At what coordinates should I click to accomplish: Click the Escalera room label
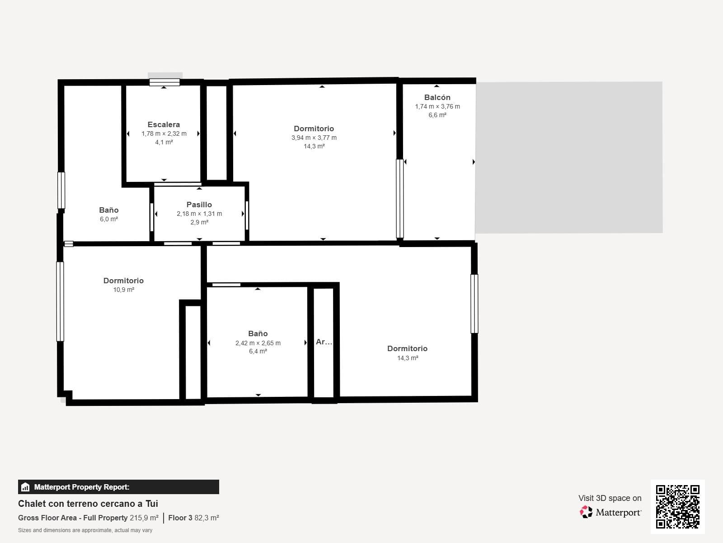click(164, 124)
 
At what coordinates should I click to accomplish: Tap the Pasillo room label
click(199, 205)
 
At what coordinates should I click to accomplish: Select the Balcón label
click(437, 97)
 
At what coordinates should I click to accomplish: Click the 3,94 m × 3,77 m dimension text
click(314, 138)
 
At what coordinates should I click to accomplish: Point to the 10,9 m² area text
click(123, 290)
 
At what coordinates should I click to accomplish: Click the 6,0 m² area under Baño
click(109, 219)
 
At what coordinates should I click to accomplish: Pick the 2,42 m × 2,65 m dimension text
click(258, 343)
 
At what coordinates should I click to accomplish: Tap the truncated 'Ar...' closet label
click(324, 342)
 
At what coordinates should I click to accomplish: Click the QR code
click(677, 507)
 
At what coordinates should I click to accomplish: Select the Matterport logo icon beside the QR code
click(586, 512)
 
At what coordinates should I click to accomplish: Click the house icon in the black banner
click(25, 487)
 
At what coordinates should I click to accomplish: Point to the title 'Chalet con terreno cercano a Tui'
click(88, 504)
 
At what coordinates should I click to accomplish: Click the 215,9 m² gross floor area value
click(144, 518)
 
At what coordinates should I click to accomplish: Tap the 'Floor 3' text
click(180, 518)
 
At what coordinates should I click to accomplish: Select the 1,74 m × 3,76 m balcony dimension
click(437, 106)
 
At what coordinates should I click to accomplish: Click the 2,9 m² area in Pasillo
click(199, 223)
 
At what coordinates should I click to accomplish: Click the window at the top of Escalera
click(164, 82)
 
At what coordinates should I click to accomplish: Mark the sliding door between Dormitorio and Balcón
click(399, 199)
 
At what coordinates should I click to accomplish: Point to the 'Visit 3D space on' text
click(610, 498)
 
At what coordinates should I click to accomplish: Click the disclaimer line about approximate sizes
click(85, 530)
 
